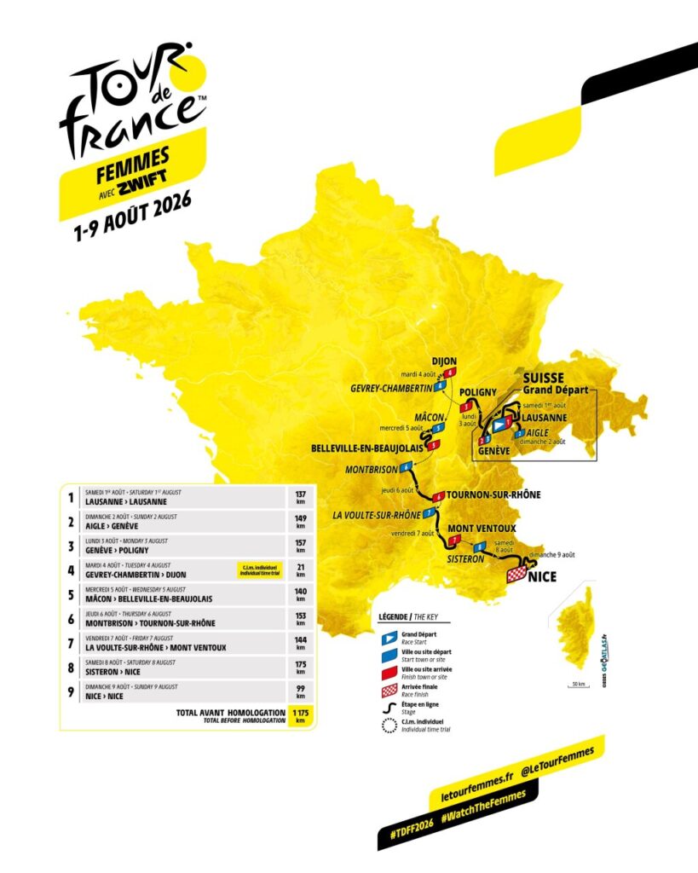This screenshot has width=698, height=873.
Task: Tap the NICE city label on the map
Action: (x=542, y=577)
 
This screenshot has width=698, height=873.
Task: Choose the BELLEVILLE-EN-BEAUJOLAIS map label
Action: (x=366, y=447)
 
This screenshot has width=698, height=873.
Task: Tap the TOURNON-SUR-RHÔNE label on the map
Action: (x=493, y=494)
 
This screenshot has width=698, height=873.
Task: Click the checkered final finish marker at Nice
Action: (x=516, y=575)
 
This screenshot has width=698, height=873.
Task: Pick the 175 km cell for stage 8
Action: (x=298, y=667)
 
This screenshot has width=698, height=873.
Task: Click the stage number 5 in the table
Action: (x=70, y=593)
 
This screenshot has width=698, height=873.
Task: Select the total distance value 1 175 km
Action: (x=298, y=714)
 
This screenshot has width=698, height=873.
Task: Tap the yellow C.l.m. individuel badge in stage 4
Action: (x=258, y=568)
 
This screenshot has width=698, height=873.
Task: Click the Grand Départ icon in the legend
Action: (x=388, y=636)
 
